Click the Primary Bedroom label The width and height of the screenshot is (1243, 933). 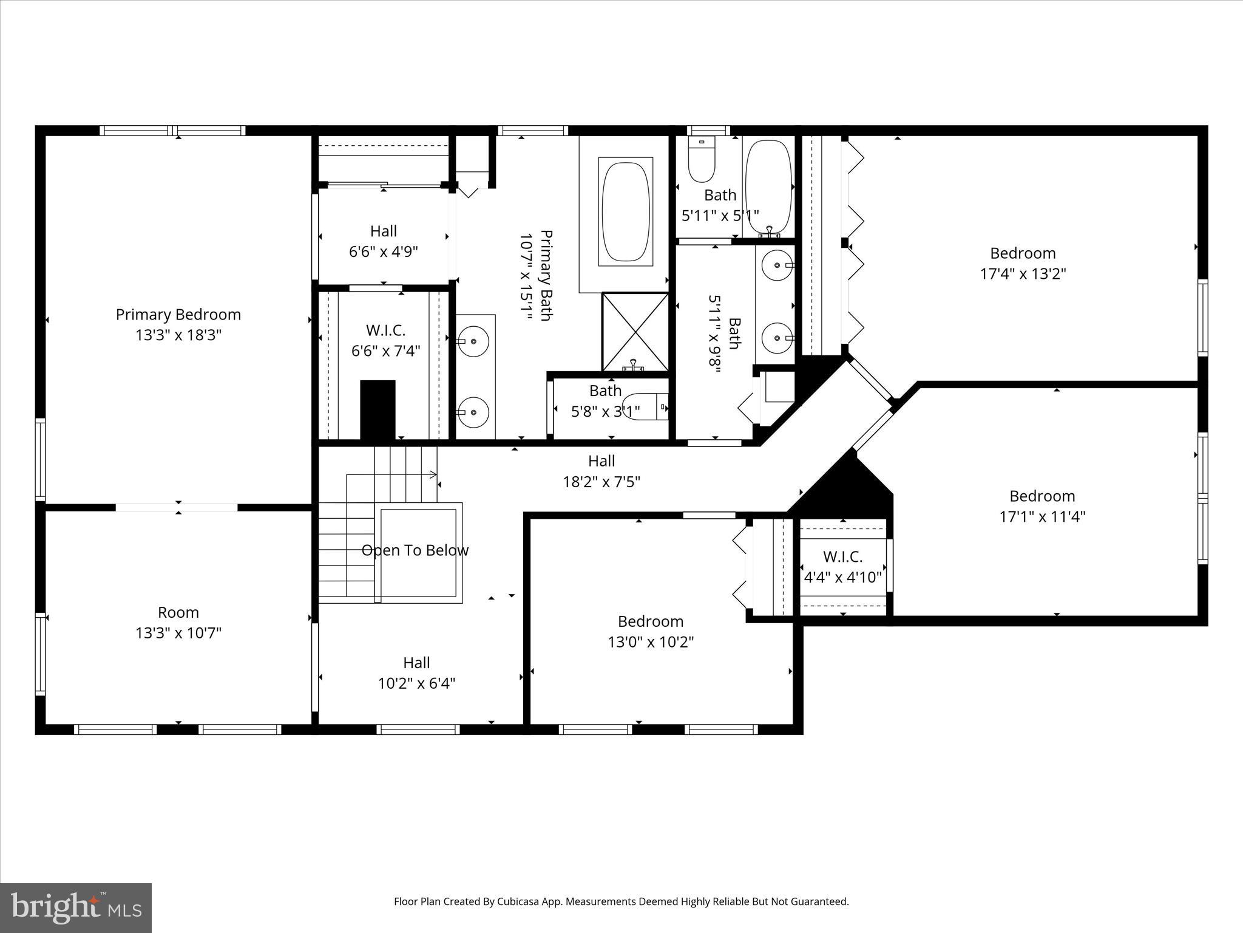click(x=178, y=315)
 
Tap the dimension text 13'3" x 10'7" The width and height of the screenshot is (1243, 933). click(x=178, y=633)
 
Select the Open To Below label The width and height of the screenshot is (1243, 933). click(x=415, y=550)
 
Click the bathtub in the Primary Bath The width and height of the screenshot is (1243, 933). click(x=625, y=211)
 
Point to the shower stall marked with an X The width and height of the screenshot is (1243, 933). click(x=635, y=332)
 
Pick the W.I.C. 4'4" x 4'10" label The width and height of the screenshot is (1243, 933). click(x=842, y=566)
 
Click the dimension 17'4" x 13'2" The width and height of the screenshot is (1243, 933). click(x=1023, y=274)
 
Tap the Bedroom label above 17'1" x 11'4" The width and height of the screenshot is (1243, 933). click(x=1041, y=496)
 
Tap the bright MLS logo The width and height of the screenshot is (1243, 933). click(x=76, y=907)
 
